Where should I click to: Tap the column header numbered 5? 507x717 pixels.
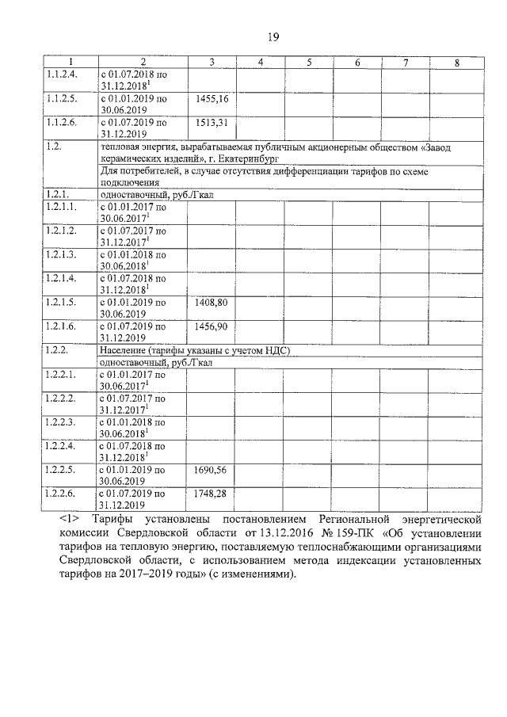click(x=309, y=63)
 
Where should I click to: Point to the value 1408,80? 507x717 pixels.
click(x=211, y=303)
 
